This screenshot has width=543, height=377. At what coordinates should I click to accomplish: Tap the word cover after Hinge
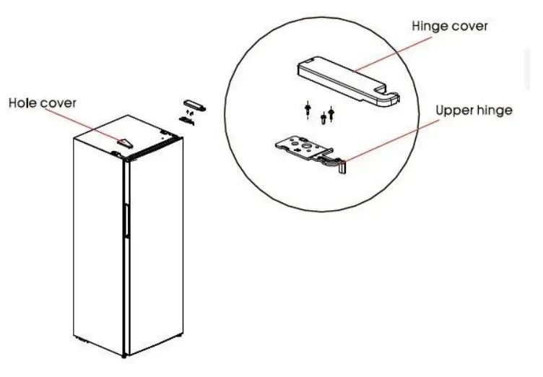coord(471,26)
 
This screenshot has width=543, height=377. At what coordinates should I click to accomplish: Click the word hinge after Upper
coord(498,112)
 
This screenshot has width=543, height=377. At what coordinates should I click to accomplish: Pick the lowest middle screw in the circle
coord(323,118)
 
